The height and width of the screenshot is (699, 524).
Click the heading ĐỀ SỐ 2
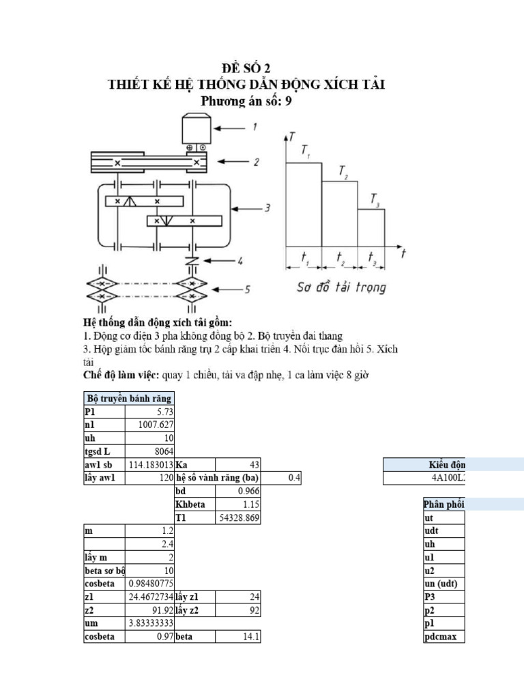tap(251, 68)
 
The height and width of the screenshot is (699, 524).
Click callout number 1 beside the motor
tap(254, 127)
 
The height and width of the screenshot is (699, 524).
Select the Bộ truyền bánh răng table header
tap(128, 399)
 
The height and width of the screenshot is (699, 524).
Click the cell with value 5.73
tap(149, 412)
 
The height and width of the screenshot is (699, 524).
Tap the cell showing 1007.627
tap(149, 425)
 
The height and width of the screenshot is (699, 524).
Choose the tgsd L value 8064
tap(149, 451)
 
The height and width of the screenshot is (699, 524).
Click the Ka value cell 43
tap(237, 464)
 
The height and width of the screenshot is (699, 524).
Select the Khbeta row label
tap(194, 504)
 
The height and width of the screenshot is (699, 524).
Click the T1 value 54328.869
tap(237, 517)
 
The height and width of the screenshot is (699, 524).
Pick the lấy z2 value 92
tap(237, 610)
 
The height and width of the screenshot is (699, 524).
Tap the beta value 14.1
tap(237, 637)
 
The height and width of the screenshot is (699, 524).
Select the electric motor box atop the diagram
tap(197, 128)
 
